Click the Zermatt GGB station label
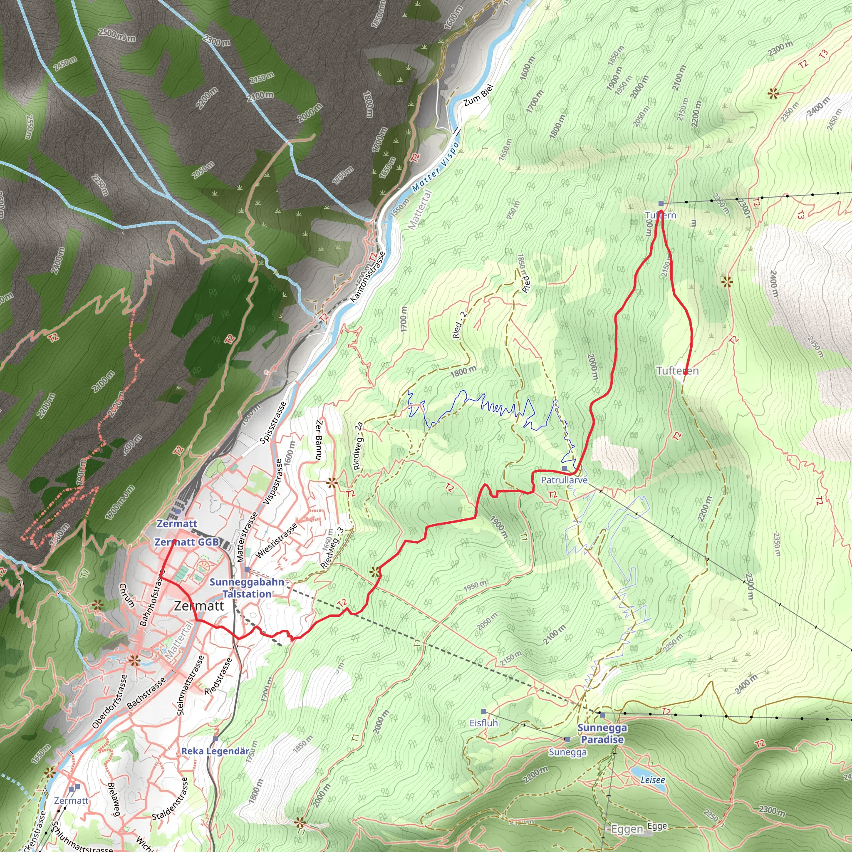[x=186, y=542]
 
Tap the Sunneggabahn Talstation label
[x=247, y=588]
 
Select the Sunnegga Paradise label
[x=602, y=734]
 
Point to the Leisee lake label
[x=653, y=780]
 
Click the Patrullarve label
[x=564, y=480]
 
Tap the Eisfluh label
[x=483, y=723]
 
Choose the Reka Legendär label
[x=215, y=751]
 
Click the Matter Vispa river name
[x=435, y=167]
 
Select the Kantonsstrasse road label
[x=368, y=277]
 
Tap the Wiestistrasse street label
[x=277, y=541]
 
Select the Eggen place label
[x=627, y=830]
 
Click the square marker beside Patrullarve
[x=565, y=468]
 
